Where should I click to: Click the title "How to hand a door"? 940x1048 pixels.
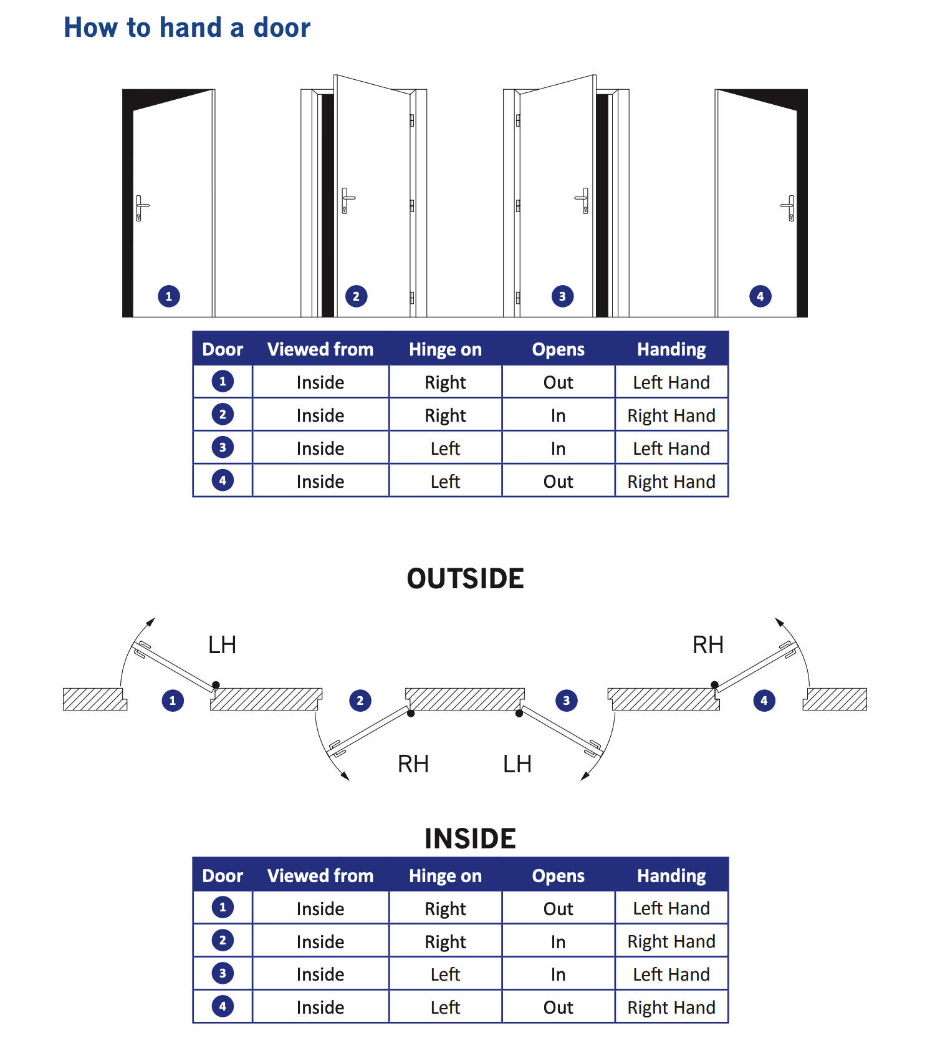point(187,28)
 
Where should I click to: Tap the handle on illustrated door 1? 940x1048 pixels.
point(141,207)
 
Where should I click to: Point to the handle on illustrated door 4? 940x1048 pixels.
point(789,207)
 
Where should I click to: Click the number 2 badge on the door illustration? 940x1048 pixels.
point(356,296)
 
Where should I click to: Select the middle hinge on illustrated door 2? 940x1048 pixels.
point(412,205)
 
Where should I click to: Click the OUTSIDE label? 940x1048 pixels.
point(465,579)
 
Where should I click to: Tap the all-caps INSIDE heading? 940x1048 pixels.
point(470,839)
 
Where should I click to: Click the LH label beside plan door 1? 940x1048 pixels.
point(222,645)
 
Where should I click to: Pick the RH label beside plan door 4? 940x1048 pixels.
point(707,645)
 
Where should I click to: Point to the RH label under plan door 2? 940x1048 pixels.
point(413,764)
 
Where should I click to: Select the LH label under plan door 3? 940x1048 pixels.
point(517,764)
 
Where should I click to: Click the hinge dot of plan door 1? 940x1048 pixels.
point(216,685)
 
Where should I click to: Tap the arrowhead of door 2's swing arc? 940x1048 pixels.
point(345,776)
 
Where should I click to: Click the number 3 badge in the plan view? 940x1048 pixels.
point(566,701)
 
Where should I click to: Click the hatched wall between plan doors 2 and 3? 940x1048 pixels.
point(464,699)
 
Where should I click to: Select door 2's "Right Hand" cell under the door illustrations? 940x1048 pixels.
point(671,415)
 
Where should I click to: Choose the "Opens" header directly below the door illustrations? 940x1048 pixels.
point(558,349)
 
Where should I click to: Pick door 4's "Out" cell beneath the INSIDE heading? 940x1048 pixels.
point(558,1007)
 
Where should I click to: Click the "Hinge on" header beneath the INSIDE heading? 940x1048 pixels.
point(445,876)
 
